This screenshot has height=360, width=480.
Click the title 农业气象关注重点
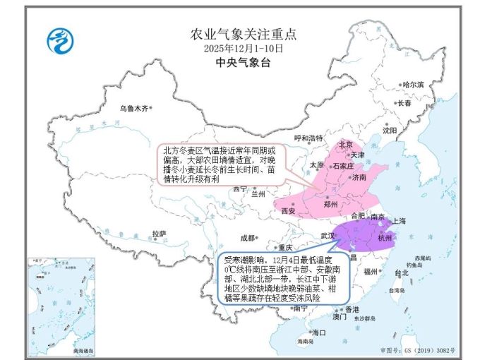(244, 34)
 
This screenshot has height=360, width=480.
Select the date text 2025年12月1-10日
(244, 49)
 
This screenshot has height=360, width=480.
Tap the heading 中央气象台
(244, 63)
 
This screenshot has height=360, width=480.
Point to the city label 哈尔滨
(413, 85)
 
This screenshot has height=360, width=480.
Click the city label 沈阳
(390, 130)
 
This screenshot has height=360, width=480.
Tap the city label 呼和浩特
(308, 138)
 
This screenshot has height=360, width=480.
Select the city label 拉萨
(159, 234)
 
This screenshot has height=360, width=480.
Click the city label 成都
(247, 237)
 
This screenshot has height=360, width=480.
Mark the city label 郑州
(330, 204)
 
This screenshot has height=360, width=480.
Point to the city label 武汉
(328, 234)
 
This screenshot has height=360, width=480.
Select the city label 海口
(318, 332)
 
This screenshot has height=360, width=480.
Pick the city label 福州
(371, 270)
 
